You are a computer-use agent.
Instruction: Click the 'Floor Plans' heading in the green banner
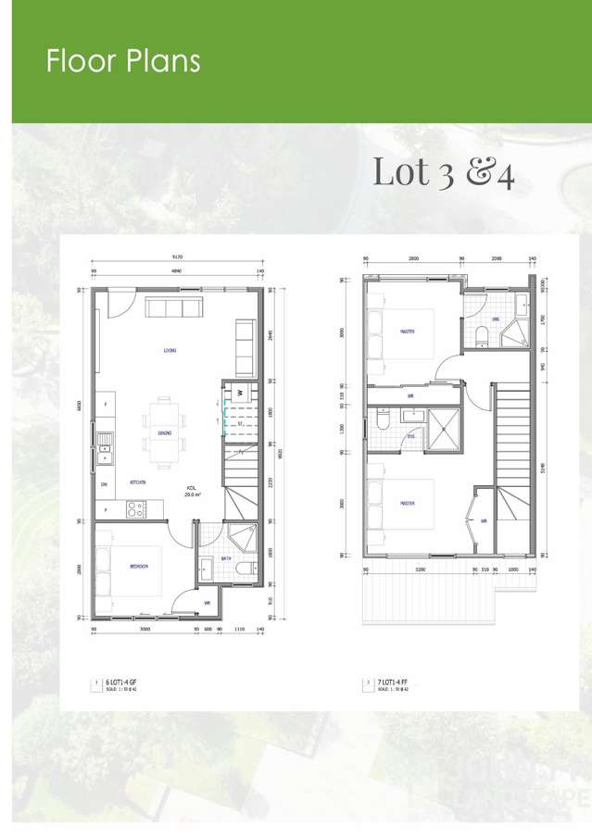(x=123, y=61)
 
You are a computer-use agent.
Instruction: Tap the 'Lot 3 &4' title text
(x=443, y=173)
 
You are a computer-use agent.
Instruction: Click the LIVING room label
(x=170, y=351)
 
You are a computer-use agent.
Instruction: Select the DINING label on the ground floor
(x=164, y=433)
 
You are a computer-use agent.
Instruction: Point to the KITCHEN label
(x=139, y=482)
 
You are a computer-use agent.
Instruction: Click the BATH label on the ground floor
(x=226, y=557)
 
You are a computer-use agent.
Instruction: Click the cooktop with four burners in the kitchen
(x=133, y=508)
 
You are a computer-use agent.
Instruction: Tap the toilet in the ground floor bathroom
(x=243, y=568)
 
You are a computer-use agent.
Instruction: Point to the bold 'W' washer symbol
(x=238, y=393)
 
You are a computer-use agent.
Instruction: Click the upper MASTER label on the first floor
(x=407, y=331)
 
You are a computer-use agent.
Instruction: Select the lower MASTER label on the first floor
(x=407, y=504)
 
